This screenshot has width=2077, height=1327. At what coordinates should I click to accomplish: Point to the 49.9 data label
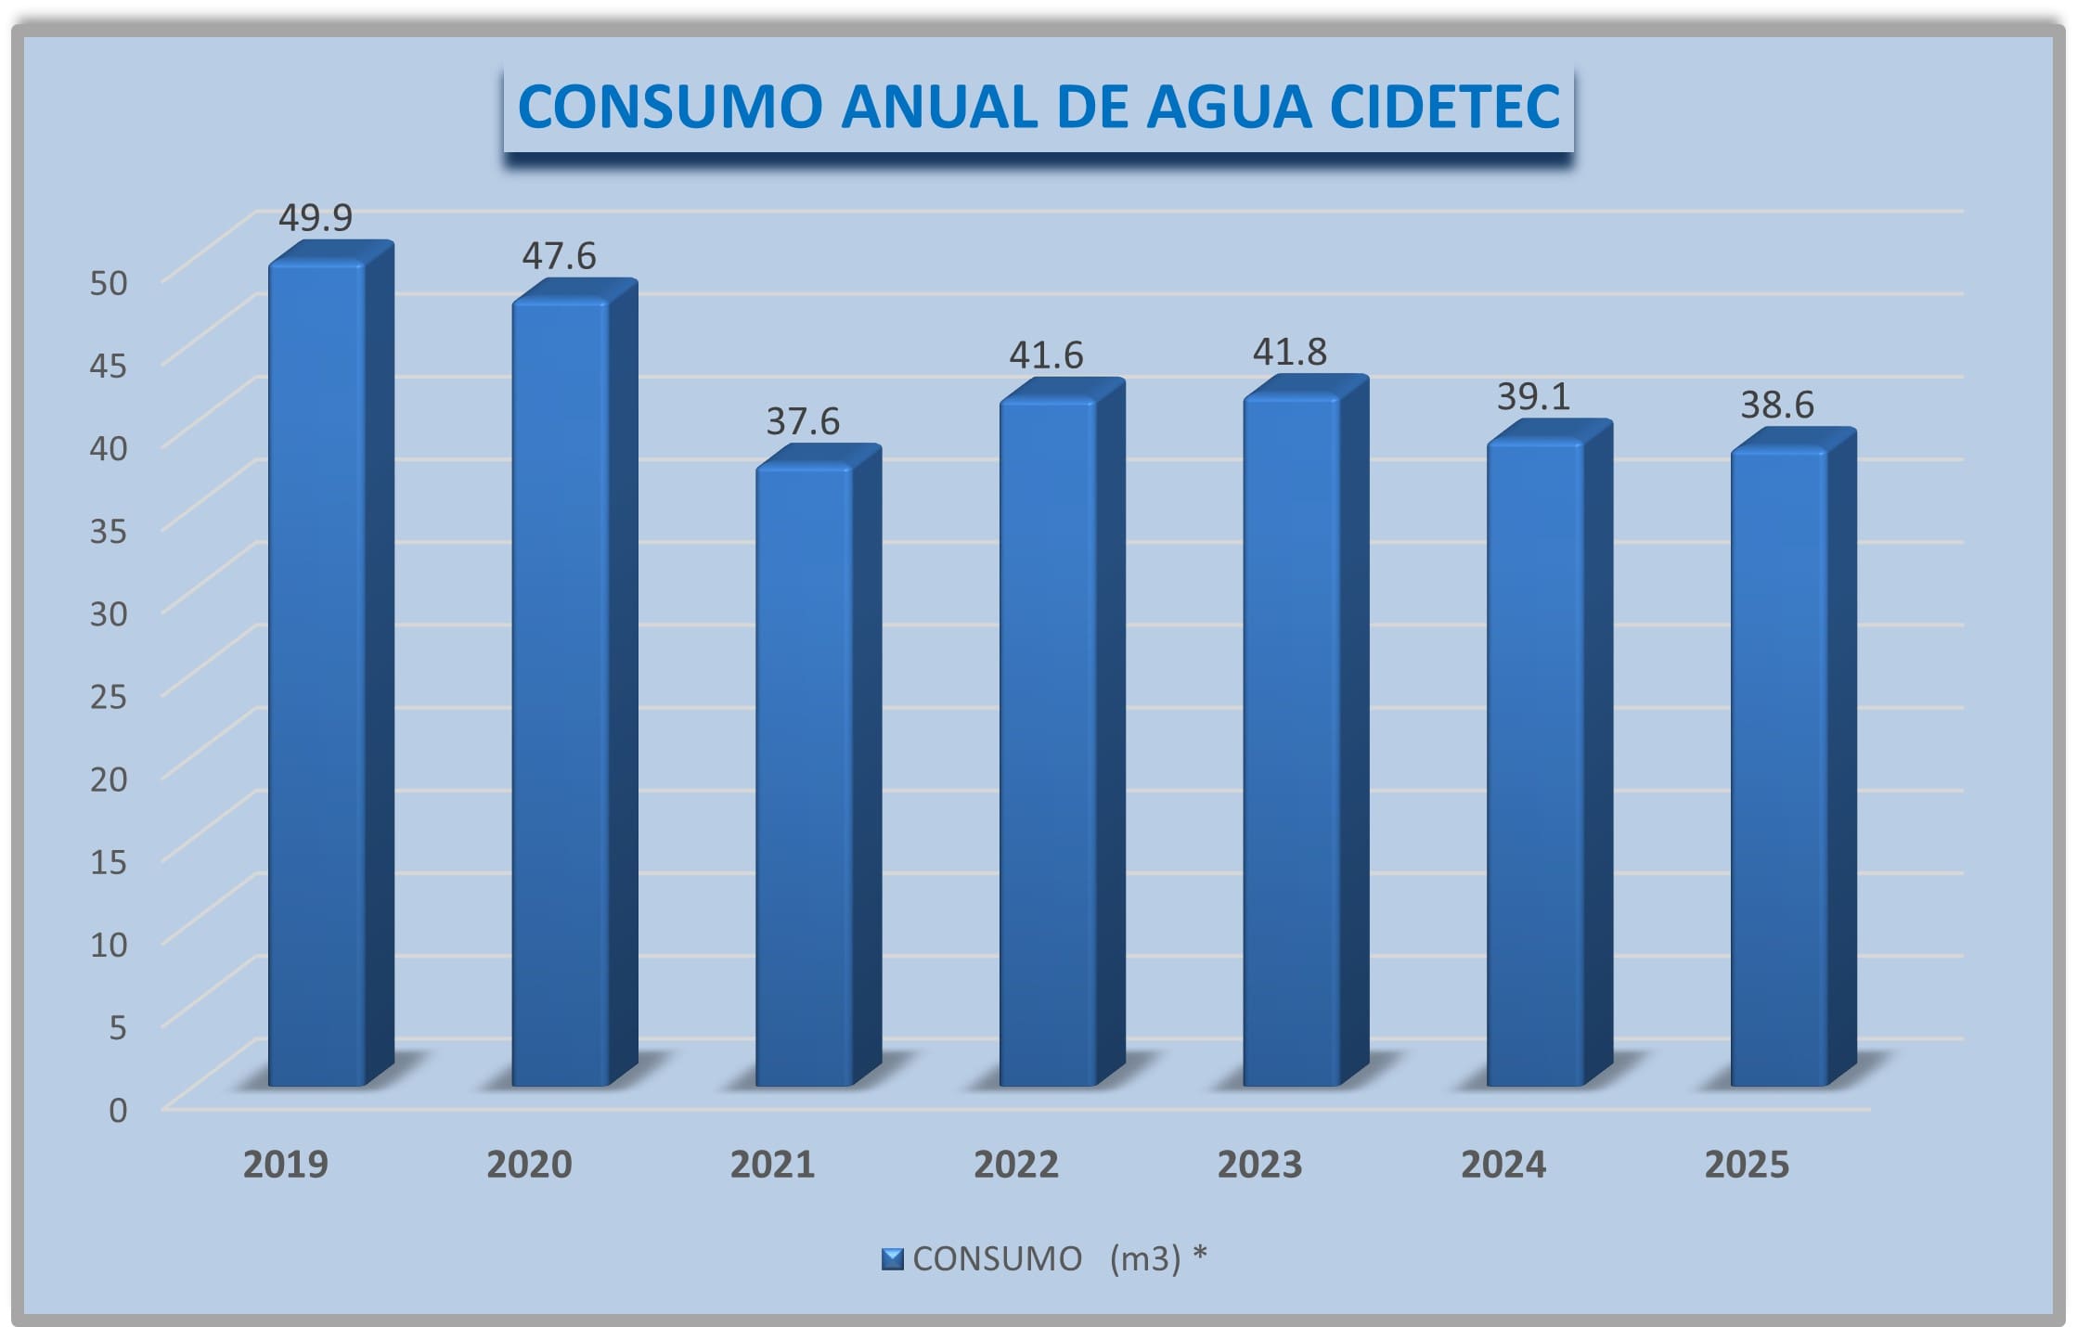point(316,218)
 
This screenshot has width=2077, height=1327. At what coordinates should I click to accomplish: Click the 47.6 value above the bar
point(559,256)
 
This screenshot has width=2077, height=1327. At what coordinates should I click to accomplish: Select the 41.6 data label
point(1046,355)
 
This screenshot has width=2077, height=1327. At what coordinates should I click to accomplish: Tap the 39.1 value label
point(1533,397)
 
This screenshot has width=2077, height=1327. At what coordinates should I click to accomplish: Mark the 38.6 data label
point(1776,406)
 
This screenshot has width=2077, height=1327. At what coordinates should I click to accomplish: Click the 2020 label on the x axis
point(529,1165)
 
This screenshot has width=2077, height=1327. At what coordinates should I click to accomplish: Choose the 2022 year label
point(1016,1165)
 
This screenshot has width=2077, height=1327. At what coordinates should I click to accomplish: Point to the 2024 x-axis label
point(1503,1165)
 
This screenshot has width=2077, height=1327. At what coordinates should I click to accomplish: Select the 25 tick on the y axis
point(109,696)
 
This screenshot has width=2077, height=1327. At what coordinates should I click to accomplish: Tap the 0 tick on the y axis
point(118,1110)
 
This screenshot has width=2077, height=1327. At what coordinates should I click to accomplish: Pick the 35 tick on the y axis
point(109,531)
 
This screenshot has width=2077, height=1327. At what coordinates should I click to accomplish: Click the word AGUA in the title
point(1229,107)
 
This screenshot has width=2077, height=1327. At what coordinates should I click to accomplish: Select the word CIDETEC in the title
point(1445,107)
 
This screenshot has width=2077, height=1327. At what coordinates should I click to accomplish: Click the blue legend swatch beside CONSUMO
point(892,1259)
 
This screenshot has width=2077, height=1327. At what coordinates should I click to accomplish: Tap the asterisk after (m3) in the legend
point(1200,1255)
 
